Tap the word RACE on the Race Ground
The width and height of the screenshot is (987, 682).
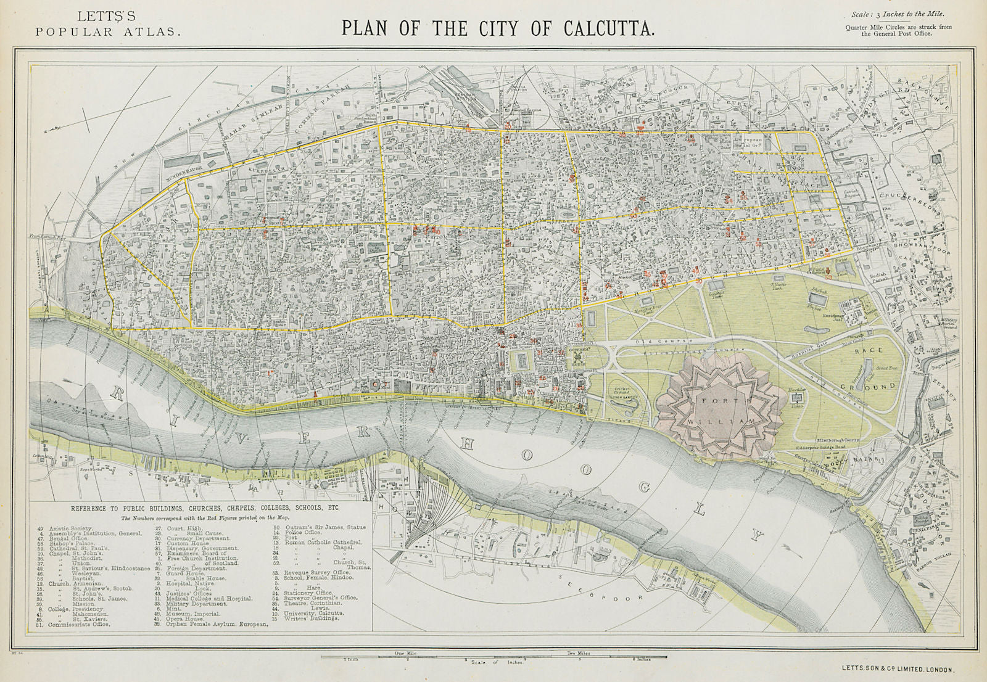tap(866, 350)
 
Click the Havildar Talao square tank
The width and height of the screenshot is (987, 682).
tap(795, 400)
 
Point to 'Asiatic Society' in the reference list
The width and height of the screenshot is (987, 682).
tap(74, 528)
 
